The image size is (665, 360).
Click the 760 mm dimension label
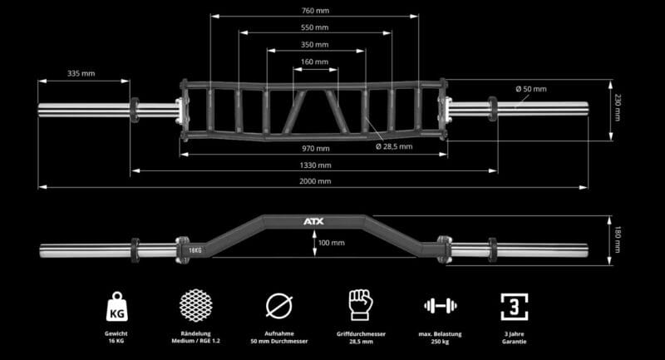coord(315,11)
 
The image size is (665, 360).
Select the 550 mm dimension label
coord(315,27)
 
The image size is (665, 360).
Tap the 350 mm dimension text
coord(315,45)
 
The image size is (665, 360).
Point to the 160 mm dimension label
coord(315,62)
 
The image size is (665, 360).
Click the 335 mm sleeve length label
coord(81,73)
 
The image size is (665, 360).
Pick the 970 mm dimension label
coord(316,149)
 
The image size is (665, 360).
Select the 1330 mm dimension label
coord(315,165)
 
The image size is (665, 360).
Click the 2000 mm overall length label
coord(315,181)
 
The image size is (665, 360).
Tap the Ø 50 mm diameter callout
coord(531,89)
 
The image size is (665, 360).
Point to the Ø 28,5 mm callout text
coord(394,146)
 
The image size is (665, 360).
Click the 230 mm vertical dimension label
coord(618,108)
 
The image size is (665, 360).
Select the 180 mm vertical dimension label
coord(618,239)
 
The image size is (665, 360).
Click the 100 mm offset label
coord(331,243)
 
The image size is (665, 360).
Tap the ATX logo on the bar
coord(314,221)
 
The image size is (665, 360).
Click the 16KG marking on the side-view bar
coord(195,250)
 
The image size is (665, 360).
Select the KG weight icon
coord(116,307)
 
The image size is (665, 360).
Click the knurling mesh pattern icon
coord(195,305)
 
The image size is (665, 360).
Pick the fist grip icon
coord(361,305)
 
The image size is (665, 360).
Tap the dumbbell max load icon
coord(441,305)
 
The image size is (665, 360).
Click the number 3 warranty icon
coord(514,307)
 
